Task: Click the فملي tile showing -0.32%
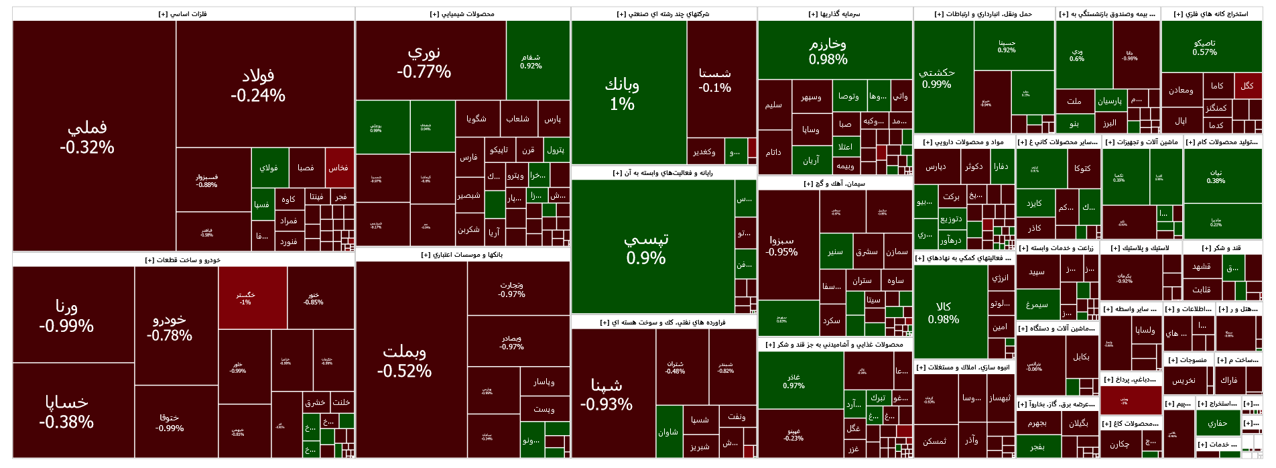pos(87,137)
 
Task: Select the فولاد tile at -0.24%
pos(258,86)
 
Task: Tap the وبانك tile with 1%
pos(622,94)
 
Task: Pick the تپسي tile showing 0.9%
pos(646,248)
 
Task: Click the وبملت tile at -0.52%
pos(404,361)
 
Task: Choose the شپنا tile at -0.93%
pos(607,394)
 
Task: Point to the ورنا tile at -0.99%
pos(66,316)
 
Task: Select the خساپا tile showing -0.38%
pos(66,411)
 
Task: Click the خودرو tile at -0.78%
pos(170,327)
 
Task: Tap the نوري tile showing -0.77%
pos(424,62)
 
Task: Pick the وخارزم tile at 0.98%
pos(828,51)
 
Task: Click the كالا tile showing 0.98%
pos(944,312)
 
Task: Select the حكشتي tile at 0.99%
pos(937,78)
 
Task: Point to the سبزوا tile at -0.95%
pos(782,245)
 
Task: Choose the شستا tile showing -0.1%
pos(715,80)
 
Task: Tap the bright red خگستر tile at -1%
pos(245,298)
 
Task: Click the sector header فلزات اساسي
pos(182,14)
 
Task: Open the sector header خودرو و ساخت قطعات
pos(182,260)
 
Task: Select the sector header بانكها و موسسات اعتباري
pos(462,255)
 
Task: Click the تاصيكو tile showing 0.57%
pos(1205,47)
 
